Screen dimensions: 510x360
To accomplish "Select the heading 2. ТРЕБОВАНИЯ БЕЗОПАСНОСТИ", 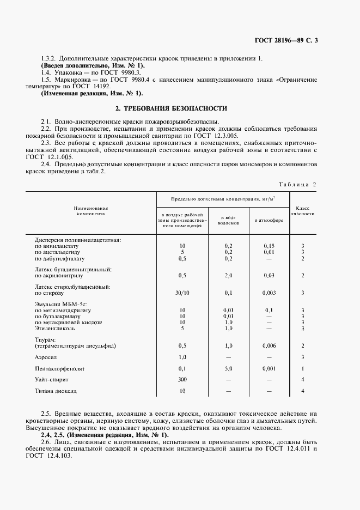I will click(180, 108).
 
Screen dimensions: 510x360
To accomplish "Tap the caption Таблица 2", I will click(297, 184).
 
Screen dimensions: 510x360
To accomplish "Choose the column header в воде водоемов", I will click(228, 220).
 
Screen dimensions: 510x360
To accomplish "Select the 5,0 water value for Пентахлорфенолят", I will click(228, 368).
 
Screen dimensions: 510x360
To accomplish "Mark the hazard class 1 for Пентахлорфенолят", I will click(302, 368).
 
